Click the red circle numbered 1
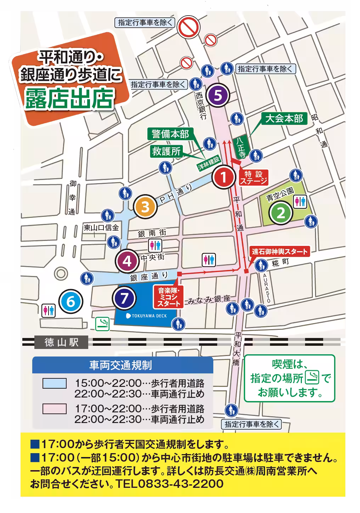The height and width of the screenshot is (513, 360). pos(223,177)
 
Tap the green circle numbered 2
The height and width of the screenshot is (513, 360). pos(281,213)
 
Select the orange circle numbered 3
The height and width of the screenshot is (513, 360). pos(145,207)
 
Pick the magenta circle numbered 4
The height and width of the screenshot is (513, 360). pos(127,261)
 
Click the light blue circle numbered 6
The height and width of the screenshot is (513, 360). pos(71,302)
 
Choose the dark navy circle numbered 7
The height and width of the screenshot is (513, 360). pos(124,298)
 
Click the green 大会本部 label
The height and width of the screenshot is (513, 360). pos(284,118)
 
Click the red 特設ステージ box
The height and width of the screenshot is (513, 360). pos(253,177)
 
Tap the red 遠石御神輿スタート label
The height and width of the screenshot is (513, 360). pos(280,252)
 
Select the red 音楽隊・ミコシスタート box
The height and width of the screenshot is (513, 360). pos(168,297)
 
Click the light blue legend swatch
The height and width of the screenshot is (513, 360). pos(54,383)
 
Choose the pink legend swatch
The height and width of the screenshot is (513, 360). pos(54,408)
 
